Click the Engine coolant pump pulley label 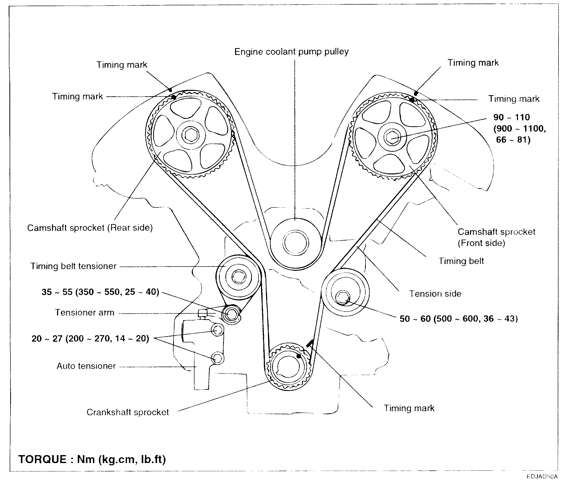pos(291,52)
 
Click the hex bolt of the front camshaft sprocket pos(392,137)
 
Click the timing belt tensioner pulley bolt pos(238,277)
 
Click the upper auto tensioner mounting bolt pos(217,330)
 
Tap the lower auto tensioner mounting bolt pos(217,358)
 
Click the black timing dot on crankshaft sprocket pos(299,356)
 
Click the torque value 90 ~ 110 pos(511,118)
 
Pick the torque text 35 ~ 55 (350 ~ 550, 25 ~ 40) pos(100,292)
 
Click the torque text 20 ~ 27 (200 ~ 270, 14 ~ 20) pos(90,338)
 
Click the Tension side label pos(435,294)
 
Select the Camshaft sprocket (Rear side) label pos(90,228)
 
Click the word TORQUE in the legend pos(42,459)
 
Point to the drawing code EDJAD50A pos(542,477)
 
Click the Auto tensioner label pos(86,366)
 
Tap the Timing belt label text pos(461,261)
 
